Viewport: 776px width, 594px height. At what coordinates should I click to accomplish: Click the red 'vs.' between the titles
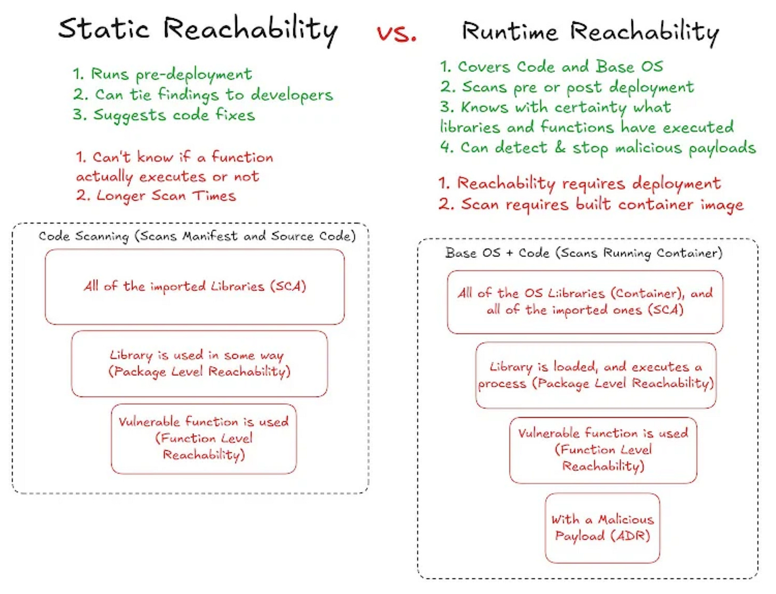tap(397, 34)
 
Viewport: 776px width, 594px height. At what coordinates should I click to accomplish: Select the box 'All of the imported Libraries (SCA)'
tap(195, 287)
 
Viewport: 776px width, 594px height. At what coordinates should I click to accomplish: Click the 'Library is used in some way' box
tap(199, 363)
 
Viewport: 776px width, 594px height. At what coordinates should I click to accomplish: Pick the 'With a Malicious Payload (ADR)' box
tap(602, 527)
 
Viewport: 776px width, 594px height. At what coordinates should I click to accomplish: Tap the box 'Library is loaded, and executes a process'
tap(595, 375)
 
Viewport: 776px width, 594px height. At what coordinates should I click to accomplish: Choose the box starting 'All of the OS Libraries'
tap(585, 302)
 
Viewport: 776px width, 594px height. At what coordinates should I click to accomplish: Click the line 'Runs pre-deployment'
tap(163, 74)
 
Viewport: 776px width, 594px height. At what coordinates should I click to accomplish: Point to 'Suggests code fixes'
tap(164, 115)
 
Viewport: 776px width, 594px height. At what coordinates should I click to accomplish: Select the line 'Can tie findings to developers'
tap(203, 95)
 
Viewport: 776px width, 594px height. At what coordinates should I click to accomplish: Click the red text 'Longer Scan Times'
tap(156, 196)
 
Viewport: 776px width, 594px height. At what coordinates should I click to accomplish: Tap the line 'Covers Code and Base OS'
tap(552, 67)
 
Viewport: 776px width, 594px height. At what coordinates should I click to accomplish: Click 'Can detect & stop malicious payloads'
tap(598, 148)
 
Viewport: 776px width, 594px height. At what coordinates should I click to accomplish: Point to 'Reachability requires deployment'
tap(579, 184)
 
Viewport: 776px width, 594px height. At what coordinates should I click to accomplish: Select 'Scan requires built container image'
tap(591, 205)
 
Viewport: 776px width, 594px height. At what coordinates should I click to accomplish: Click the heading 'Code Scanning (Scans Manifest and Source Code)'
tap(197, 236)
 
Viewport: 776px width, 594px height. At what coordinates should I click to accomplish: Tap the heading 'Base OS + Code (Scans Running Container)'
tap(584, 253)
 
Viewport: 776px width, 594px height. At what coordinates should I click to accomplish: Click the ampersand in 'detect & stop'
tap(560, 147)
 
